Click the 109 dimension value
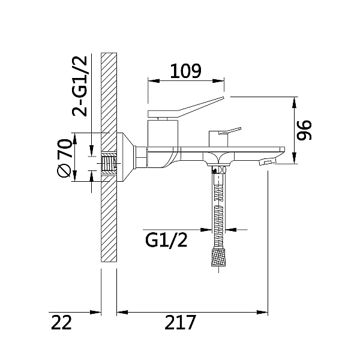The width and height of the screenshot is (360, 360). (x=185, y=71)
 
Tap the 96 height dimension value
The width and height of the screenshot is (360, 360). (x=305, y=130)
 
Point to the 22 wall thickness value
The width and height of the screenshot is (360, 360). (x=61, y=322)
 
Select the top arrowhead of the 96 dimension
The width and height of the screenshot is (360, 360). (x=295, y=101)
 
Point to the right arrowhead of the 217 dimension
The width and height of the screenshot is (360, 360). (x=264, y=312)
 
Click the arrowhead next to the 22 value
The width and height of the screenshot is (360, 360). (x=96, y=312)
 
